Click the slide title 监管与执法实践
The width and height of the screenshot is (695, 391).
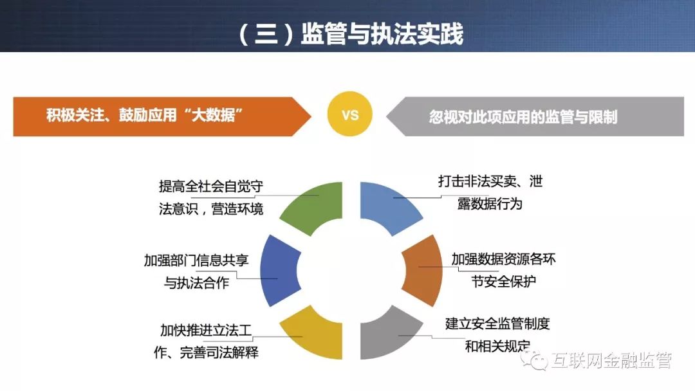tap(382, 33)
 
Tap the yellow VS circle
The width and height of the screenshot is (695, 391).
tap(349, 114)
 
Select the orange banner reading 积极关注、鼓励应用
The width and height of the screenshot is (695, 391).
tap(162, 116)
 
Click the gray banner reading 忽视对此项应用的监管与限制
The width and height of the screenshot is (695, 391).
tap(535, 116)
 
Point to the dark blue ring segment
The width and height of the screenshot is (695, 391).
tap(279, 271)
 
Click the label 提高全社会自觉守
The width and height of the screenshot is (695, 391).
tap(211, 186)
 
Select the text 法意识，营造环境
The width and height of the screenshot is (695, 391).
tap(211, 208)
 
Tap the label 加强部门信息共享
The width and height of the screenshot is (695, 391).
tap(196, 260)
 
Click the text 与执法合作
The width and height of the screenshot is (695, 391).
tap(196, 282)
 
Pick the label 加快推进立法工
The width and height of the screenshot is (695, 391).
tap(206, 330)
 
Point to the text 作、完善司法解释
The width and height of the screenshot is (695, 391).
tap(206, 352)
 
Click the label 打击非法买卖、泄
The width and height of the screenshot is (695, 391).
tap(490, 181)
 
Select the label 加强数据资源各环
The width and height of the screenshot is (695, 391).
tap(503, 259)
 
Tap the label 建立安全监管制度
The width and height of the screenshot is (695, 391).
tap(497, 323)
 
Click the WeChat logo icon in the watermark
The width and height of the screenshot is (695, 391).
tap(535, 360)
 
